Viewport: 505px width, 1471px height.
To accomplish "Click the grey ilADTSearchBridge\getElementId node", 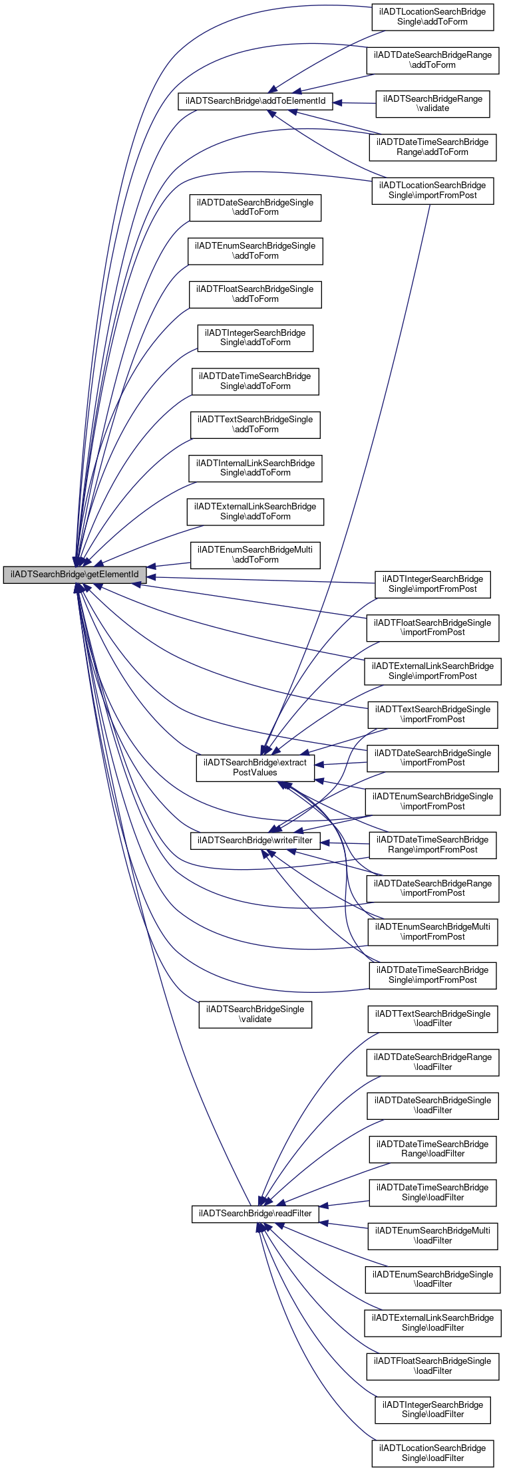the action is (x=75, y=575).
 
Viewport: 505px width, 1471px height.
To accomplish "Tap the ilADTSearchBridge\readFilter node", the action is (x=255, y=1214).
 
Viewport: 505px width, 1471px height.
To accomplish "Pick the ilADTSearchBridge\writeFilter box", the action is (x=255, y=841).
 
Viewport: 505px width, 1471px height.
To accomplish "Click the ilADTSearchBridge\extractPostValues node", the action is (x=255, y=767).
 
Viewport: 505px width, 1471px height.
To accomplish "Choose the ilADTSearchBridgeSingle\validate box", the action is (x=255, y=1014).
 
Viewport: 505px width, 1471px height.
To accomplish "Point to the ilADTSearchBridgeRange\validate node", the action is (x=433, y=104).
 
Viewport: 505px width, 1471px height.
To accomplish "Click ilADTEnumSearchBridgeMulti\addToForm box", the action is (x=255, y=555).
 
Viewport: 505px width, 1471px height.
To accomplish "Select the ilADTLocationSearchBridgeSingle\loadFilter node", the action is (x=433, y=1454).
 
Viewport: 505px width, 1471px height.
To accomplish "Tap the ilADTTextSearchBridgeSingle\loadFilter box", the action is (x=433, y=1019).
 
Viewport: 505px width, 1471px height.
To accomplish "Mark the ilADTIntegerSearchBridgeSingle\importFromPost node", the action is (x=433, y=585).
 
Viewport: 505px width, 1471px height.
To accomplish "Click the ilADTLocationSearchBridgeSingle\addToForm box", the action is (x=433, y=17).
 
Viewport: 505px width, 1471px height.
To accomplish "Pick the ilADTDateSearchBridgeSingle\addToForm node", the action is (x=255, y=207).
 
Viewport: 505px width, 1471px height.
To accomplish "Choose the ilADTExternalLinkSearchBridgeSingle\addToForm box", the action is (x=255, y=511).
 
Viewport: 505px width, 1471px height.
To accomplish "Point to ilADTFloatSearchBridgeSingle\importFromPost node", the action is (x=433, y=628).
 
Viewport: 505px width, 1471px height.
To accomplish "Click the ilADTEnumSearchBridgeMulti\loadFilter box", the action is (x=433, y=1236).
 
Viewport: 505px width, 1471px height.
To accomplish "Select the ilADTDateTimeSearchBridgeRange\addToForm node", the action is (x=433, y=147).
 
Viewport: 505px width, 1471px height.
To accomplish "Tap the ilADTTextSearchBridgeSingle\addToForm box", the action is (x=255, y=425).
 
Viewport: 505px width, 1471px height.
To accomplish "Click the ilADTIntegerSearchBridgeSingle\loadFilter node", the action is (x=433, y=1410).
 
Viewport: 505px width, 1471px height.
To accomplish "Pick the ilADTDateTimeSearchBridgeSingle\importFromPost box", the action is (x=433, y=976).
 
